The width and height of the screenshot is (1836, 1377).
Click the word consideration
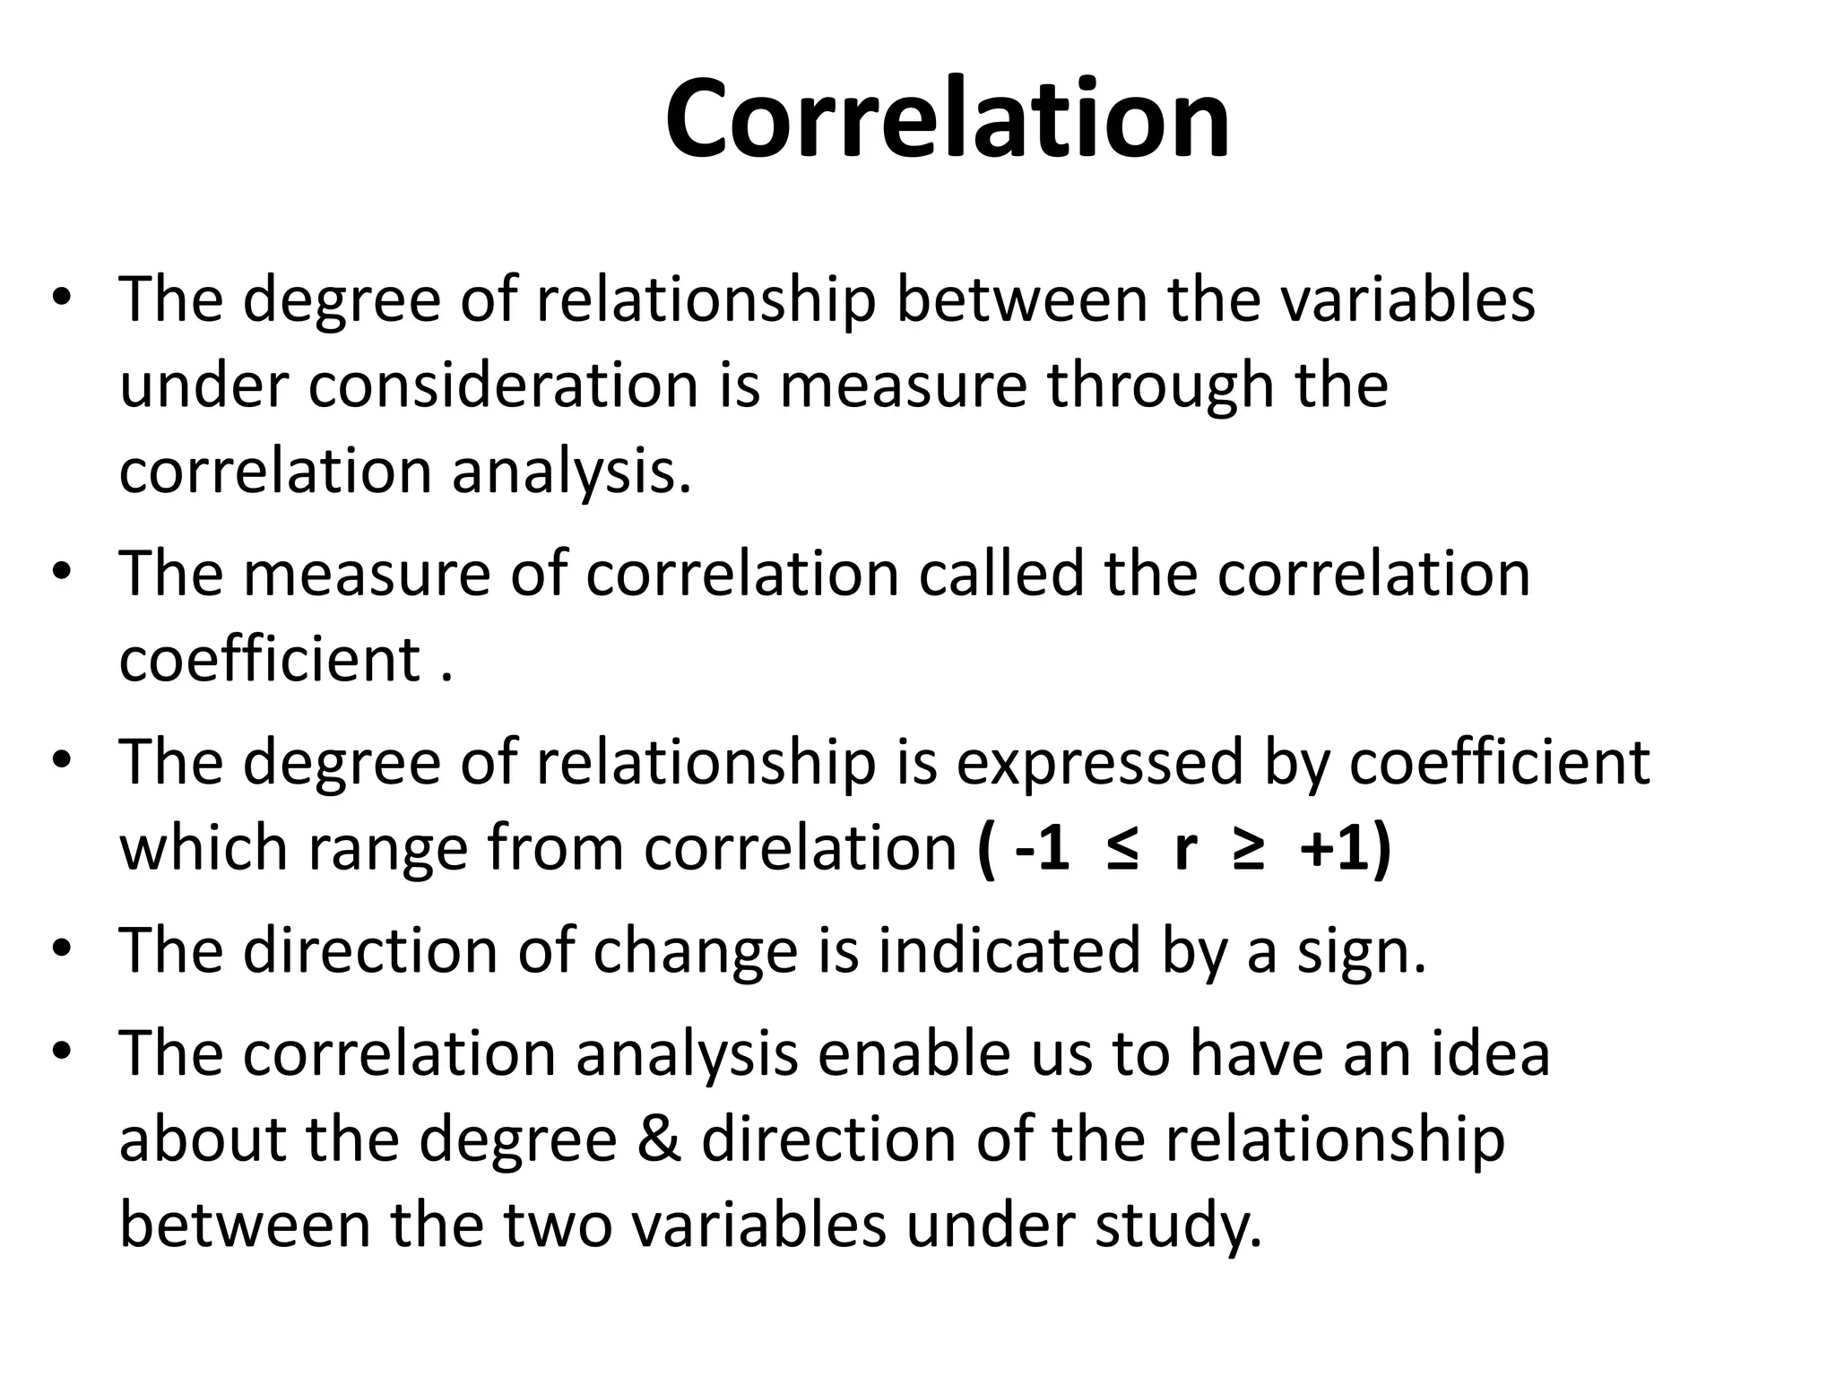[x=503, y=385]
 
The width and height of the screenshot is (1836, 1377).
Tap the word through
[x=1161, y=385]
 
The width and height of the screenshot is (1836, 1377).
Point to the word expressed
[x=1099, y=762]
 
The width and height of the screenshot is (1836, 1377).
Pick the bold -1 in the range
[x=1043, y=847]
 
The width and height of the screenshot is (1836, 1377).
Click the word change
[x=695, y=950]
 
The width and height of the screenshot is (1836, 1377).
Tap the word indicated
[x=1009, y=950]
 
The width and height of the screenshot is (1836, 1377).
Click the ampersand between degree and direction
[x=659, y=1139]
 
